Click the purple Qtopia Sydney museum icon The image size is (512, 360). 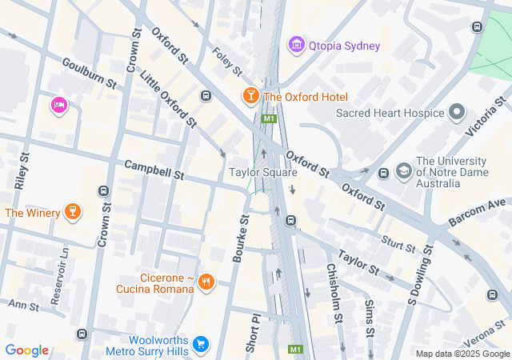click(297, 45)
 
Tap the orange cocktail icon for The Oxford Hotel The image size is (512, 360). click(250, 97)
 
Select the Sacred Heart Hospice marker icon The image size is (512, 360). click(458, 113)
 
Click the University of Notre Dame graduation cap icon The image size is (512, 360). click(404, 171)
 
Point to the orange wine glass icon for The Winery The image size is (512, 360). click(73, 212)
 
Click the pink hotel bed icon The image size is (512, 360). click(58, 105)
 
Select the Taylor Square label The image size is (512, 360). click(263, 172)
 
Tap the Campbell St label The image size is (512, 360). click(154, 169)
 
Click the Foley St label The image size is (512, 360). click(227, 61)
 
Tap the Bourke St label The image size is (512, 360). click(241, 238)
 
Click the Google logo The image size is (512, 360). click(26, 350)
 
